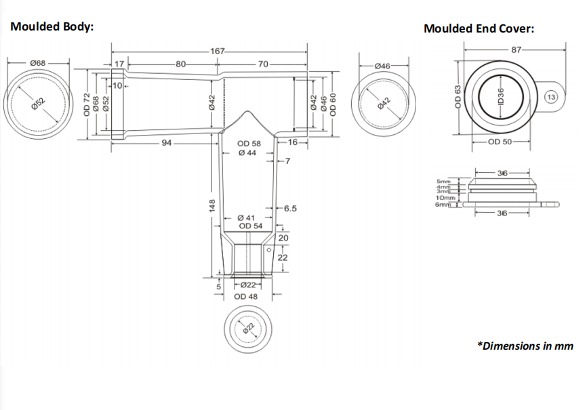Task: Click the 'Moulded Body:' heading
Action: click(x=52, y=26)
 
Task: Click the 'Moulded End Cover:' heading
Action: click(x=479, y=28)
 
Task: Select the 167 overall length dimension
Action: click(x=218, y=51)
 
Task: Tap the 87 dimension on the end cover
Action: click(x=517, y=49)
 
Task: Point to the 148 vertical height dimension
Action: click(x=212, y=205)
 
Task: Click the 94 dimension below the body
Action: click(x=167, y=142)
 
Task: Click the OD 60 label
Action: click(x=333, y=103)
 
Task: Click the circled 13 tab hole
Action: click(x=551, y=97)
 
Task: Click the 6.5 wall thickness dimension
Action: click(x=290, y=208)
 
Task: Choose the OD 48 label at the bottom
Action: click(x=245, y=296)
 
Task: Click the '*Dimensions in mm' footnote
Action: click(x=525, y=346)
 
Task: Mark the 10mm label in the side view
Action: click(x=445, y=197)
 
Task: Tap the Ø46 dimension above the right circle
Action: click(x=382, y=66)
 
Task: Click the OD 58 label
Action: click(x=248, y=144)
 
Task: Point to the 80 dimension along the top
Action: click(x=180, y=64)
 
